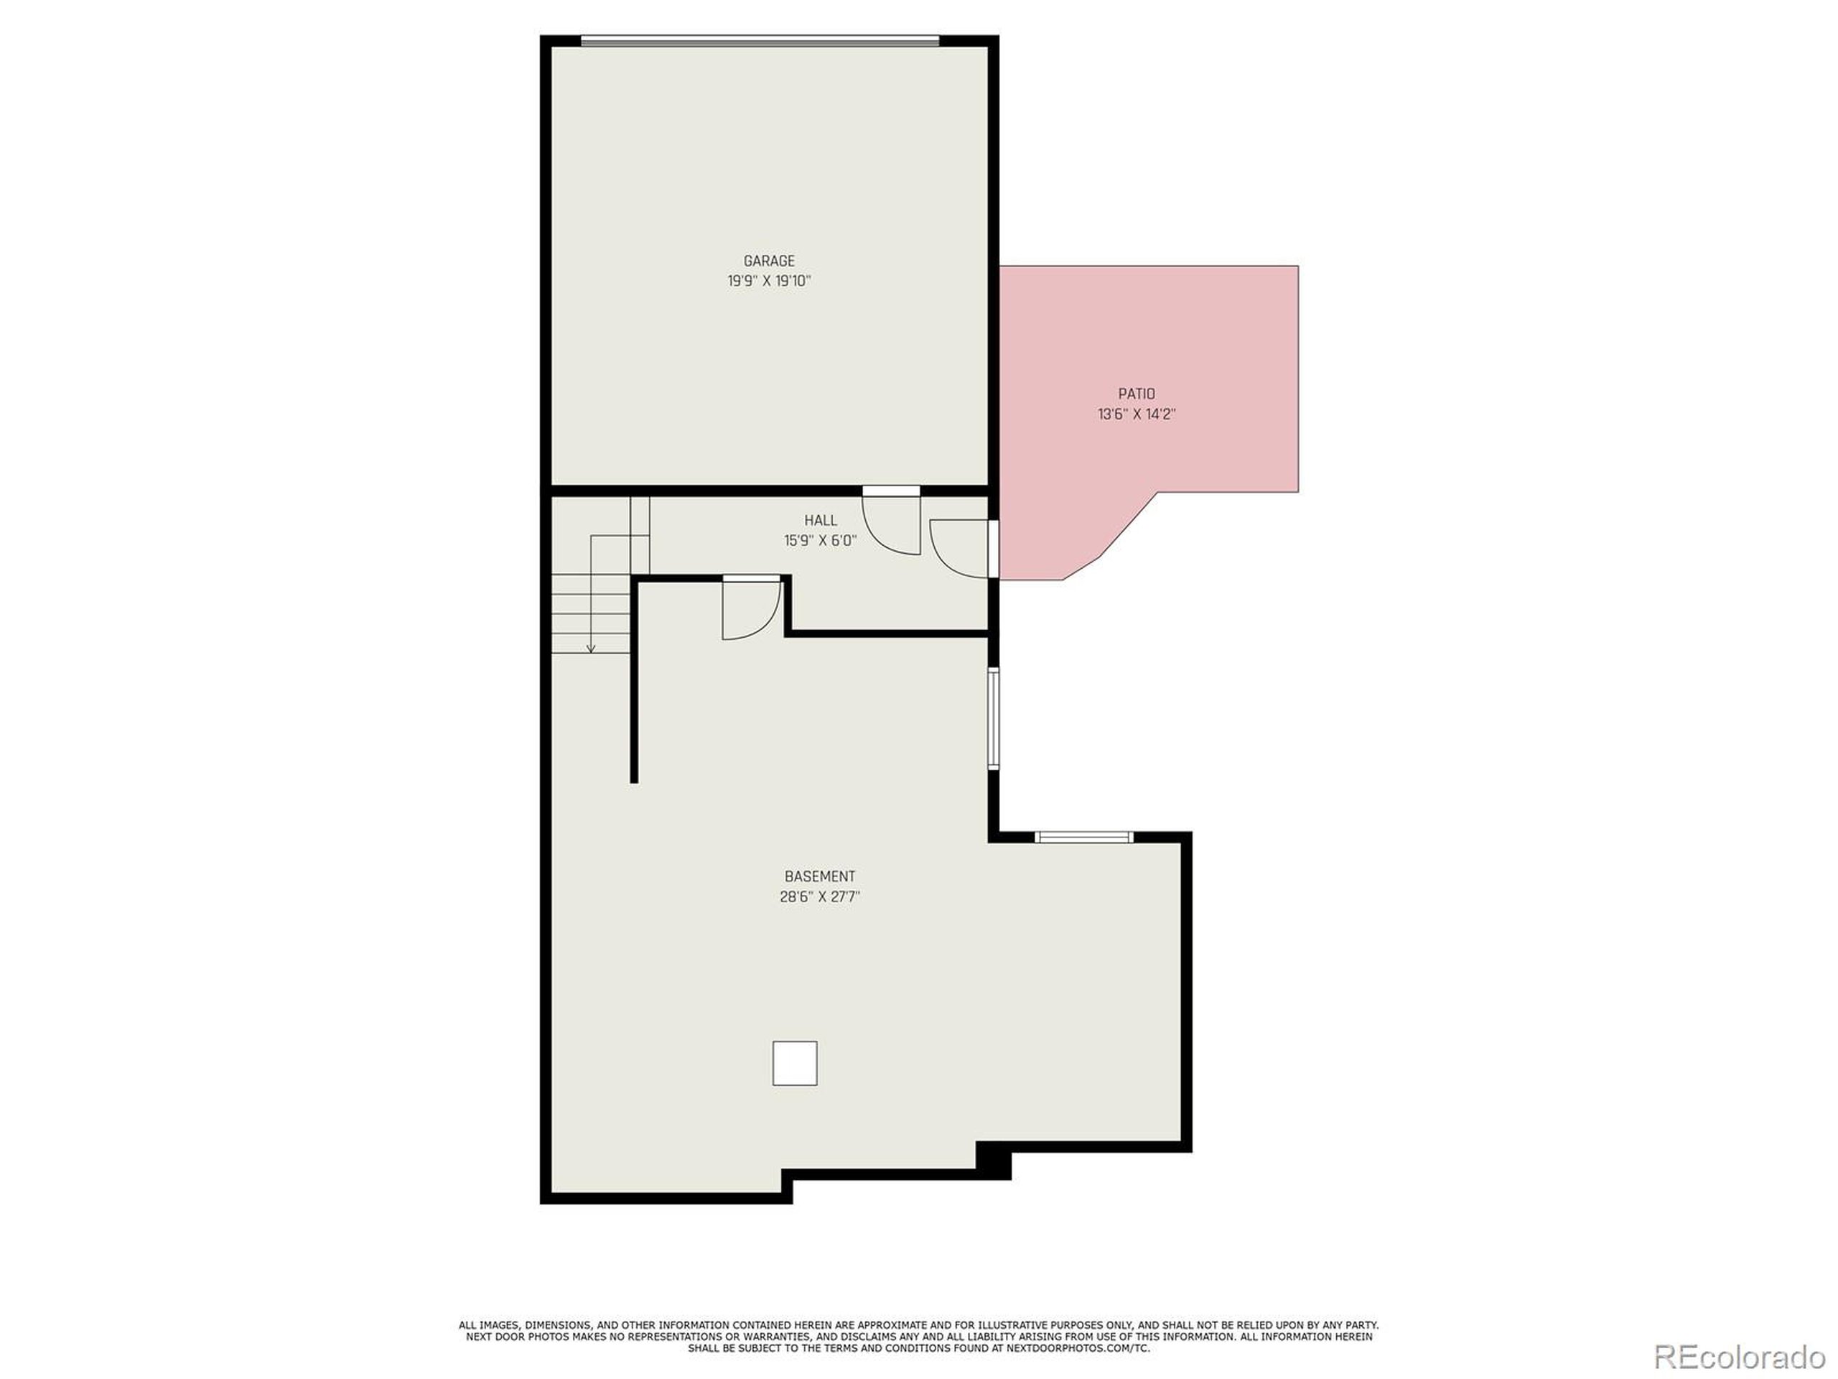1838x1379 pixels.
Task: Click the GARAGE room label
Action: point(769,261)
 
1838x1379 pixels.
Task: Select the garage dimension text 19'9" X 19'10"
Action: point(769,281)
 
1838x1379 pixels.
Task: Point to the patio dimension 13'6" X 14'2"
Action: point(1136,414)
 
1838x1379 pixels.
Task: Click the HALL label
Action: point(820,520)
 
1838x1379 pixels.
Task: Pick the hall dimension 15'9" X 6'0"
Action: point(820,541)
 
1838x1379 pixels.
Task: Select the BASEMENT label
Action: point(819,876)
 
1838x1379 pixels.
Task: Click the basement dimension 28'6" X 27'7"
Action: point(819,897)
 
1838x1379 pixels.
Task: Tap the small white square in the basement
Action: point(794,1063)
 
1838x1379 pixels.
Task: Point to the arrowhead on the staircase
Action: point(591,649)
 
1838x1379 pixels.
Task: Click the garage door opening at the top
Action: point(760,40)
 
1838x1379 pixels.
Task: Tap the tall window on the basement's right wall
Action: point(993,718)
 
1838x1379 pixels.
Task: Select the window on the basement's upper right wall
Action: point(1083,837)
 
